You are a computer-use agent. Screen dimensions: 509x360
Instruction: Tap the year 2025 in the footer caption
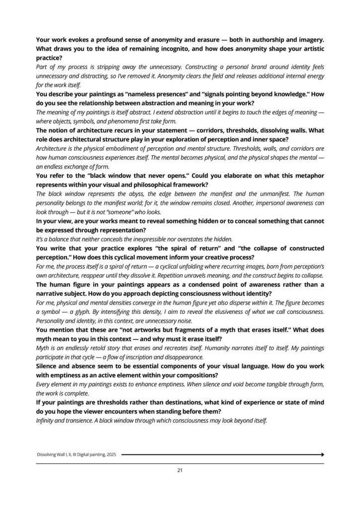(x=110, y=454)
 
